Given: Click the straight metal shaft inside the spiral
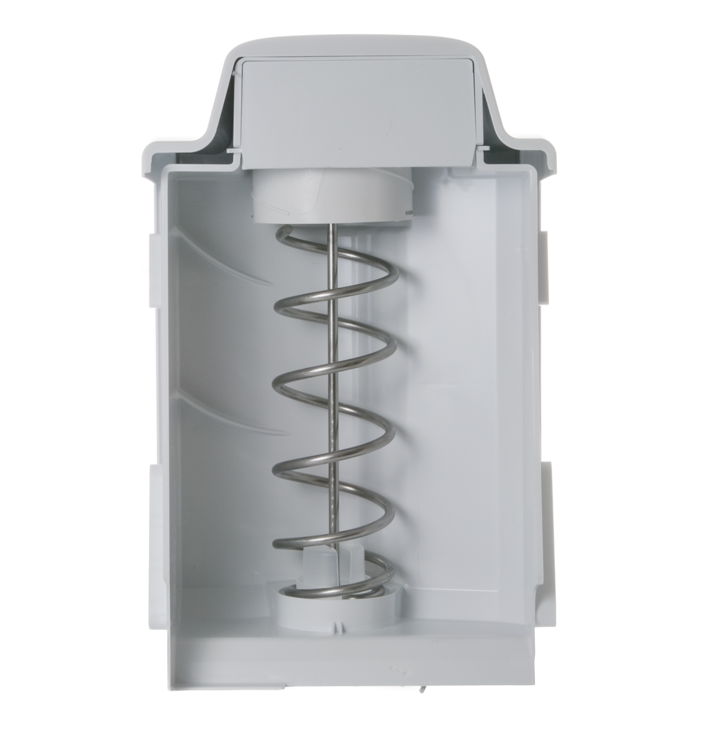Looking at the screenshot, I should tap(332, 375).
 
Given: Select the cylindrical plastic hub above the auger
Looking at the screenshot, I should tap(332, 197).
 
